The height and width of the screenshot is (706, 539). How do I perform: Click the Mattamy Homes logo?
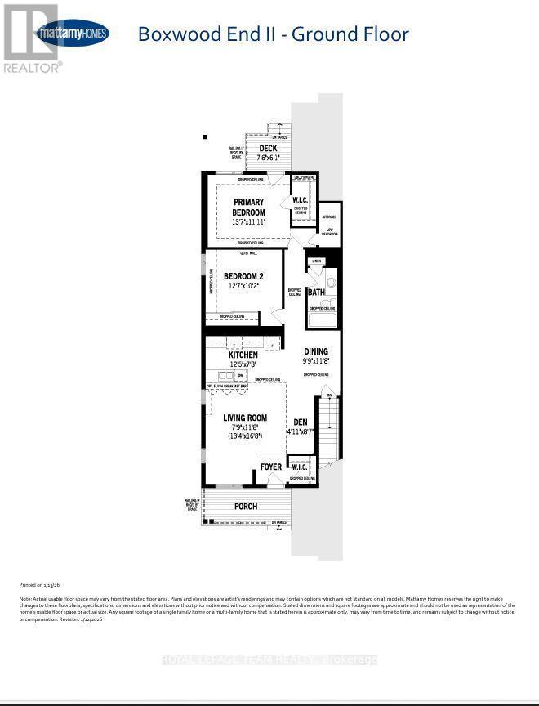tap(71, 33)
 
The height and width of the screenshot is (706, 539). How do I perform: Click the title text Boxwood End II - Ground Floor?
tap(273, 34)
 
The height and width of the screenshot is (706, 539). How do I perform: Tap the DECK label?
tap(268, 149)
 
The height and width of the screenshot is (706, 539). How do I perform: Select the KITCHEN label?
tap(243, 355)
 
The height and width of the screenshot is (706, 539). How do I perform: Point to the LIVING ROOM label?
tap(245, 418)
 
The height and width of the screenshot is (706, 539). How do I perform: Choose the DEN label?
tap(301, 422)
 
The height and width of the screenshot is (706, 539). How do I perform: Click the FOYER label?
tap(271, 467)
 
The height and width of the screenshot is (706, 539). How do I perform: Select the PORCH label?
tap(246, 507)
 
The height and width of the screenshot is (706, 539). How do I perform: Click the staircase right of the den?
tap(328, 429)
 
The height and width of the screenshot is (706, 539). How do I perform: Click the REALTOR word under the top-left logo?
tap(33, 68)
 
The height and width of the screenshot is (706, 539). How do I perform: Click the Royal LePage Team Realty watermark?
tap(269, 659)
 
